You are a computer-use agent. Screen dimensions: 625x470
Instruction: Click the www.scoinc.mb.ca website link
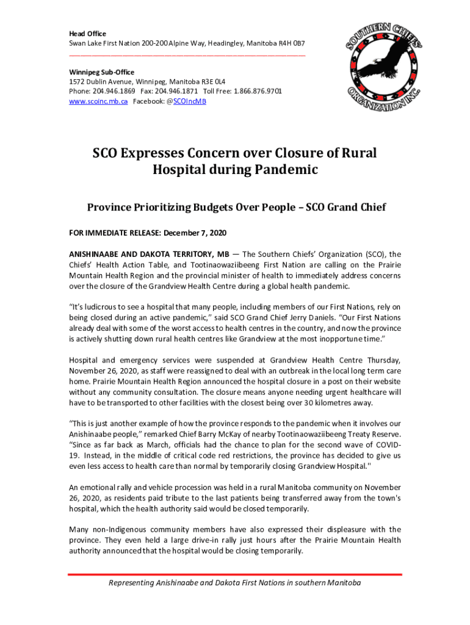(x=98, y=101)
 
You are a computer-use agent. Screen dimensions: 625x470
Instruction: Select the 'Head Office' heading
(x=87, y=34)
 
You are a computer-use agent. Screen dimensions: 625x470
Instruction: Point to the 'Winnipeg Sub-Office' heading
(x=101, y=72)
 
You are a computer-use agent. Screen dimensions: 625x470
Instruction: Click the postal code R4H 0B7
(x=291, y=44)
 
